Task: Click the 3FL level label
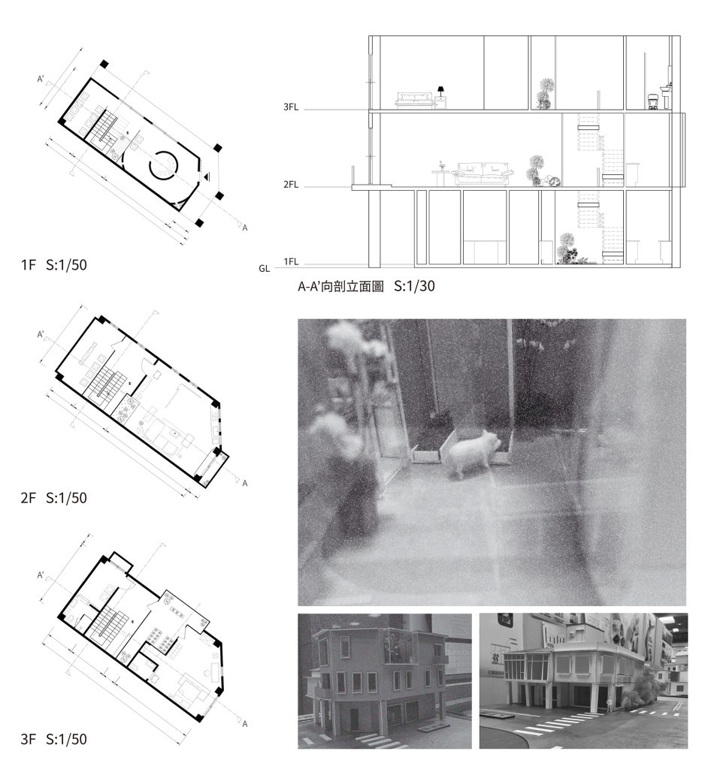(x=291, y=107)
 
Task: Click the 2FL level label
(x=291, y=185)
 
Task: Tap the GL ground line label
(x=264, y=269)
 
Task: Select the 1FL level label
(x=291, y=262)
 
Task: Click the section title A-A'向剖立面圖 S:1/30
(x=366, y=286)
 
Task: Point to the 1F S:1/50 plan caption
(x=54, y=265)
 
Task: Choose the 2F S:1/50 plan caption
(x=54, y=498)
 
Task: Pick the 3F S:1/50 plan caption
(x=54, y=739)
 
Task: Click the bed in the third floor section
(x=414, y=100)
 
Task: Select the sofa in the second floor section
(x=483, y=173)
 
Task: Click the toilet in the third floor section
(x=653, y=101)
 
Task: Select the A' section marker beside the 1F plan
(x=41, y=79)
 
